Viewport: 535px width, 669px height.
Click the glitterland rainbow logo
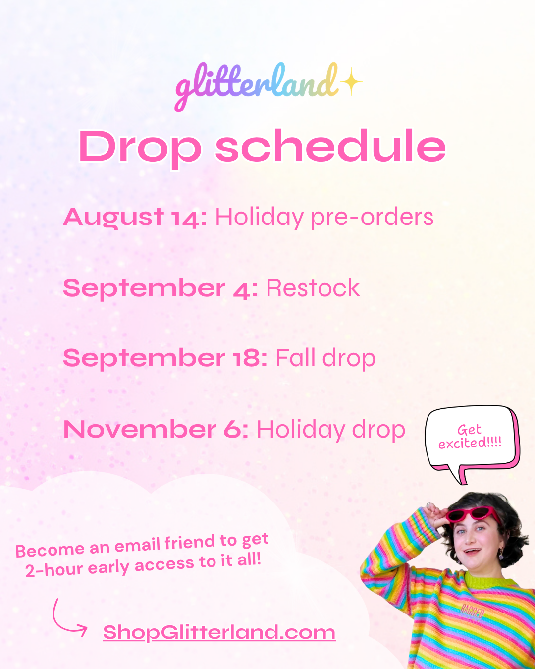pos(257,86)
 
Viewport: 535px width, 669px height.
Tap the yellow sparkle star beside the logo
pos(351,81)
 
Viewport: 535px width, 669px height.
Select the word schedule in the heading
pos(331,146)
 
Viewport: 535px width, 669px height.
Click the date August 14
pos(135,218)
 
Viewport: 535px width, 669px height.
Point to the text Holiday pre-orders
pos(324,218)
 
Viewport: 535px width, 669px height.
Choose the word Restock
pos(313,288)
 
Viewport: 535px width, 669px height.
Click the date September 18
pos(165,358)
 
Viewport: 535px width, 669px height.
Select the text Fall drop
pos(325,358)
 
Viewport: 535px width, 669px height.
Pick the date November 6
pos(156,430)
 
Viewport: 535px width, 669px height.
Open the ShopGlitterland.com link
pos(219,632)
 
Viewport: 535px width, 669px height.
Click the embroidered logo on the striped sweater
pos(472,612)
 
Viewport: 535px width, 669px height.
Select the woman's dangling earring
pos(501,555)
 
